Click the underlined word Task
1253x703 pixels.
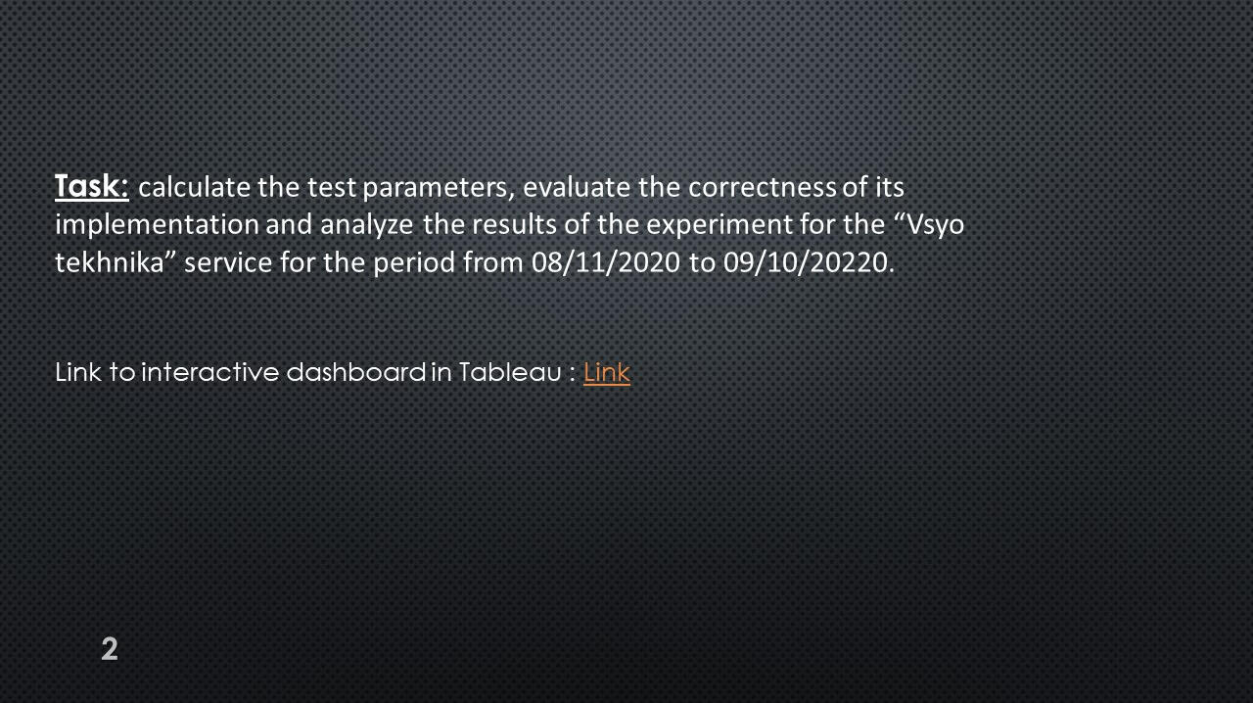tap(92, 186)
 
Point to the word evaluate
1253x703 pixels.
tap(577, 187)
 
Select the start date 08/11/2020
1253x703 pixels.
tap(606, 263)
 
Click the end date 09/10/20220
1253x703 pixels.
tap(806, 263)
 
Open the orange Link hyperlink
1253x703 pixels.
tap(606, 372)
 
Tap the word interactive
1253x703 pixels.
tap(209, 372)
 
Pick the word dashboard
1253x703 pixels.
tap(356, 372)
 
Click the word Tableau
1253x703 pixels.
tap(510, 372)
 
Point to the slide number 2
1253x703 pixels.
tap(110, 649)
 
